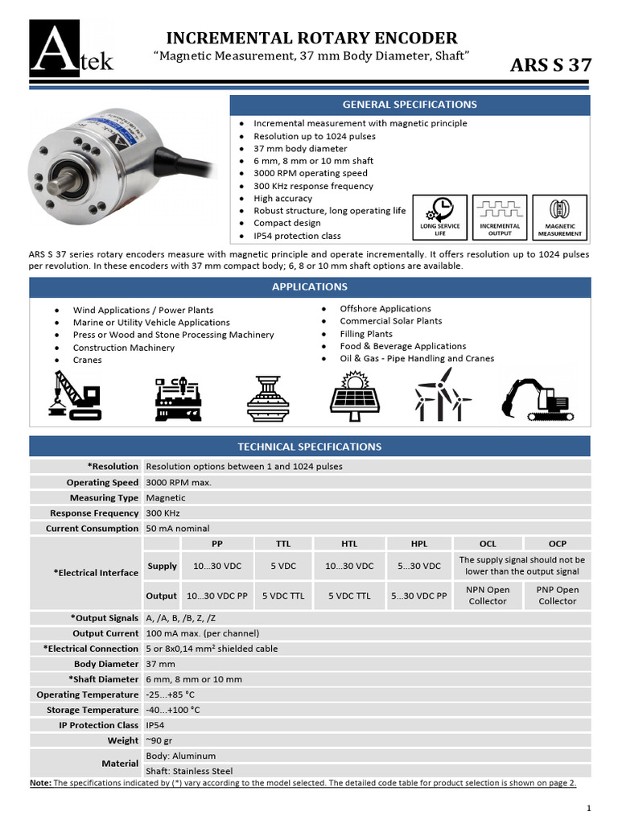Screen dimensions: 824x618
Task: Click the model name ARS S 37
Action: [x=550, y=66]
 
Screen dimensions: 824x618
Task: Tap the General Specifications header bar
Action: [x=410, y=105]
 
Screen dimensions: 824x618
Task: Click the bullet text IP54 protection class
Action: [x=297, y=236]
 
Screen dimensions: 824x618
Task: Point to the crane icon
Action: [x=76, y=396]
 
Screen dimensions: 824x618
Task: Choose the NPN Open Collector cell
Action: [x=488, y=595]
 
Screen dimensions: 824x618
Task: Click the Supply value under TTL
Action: [x=283, y=566]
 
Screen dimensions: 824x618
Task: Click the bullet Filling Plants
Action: [x=366, y=334]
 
